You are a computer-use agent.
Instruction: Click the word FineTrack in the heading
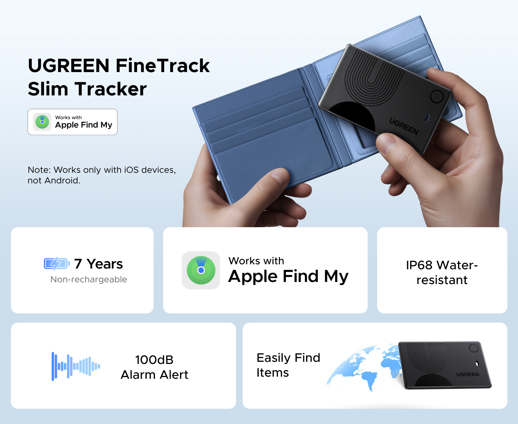163,66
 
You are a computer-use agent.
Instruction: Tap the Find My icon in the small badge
42,122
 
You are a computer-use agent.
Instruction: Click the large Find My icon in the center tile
201,270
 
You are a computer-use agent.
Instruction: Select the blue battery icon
57,264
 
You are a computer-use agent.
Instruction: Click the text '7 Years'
98,264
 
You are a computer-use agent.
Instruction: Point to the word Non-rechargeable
89,279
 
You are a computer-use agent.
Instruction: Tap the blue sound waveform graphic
76,366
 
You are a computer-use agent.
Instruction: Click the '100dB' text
154,360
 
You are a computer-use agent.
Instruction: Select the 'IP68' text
419,265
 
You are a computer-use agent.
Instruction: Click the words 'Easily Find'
288,358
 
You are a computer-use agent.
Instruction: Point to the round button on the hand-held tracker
437,96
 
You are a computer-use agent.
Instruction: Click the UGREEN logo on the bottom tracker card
468,375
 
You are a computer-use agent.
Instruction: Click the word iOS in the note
131,170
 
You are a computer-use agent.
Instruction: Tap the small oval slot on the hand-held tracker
427,118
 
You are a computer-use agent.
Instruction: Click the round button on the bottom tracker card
473,348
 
